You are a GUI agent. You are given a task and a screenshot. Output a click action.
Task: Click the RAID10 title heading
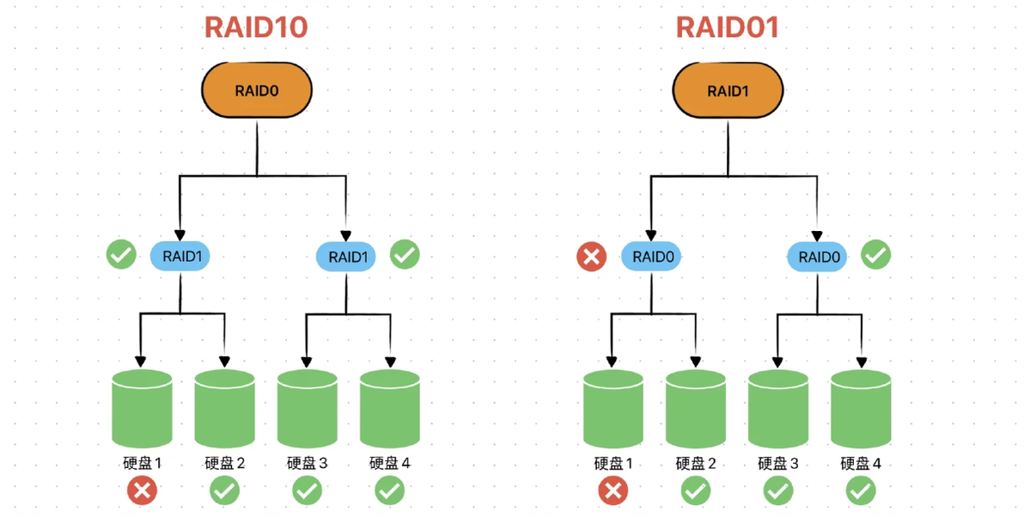tap(255, 27)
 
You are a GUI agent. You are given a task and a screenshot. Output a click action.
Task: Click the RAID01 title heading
tap(727, 27)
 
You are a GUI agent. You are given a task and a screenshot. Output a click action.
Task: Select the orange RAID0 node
tap(256, 90)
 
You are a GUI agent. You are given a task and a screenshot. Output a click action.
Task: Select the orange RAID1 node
tap(727, 90)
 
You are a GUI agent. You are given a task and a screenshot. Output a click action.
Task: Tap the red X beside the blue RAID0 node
tap(591, 256)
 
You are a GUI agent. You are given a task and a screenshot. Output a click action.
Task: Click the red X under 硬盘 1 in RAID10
tap(142, 490)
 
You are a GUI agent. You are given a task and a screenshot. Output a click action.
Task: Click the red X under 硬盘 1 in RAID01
tap(613, 491)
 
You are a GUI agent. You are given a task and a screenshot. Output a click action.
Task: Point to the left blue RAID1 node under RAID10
tap(180, 256)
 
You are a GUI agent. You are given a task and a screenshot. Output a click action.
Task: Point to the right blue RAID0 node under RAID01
tap(817, 256)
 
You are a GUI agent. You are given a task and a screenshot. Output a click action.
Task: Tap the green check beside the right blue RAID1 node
tap(405, 255)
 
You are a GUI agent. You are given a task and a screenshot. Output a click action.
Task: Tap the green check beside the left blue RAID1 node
tap(121, 255)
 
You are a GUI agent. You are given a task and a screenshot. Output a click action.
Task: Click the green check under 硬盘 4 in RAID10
tap(389, 490)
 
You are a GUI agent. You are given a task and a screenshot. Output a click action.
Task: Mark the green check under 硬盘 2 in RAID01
tap(695, 491)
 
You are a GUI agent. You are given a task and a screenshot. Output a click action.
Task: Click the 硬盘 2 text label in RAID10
tap(225, 464)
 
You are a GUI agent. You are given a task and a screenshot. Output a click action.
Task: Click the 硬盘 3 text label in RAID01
tap(777, 465)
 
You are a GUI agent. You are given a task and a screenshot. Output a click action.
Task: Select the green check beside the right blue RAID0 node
tap(876, 255)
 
